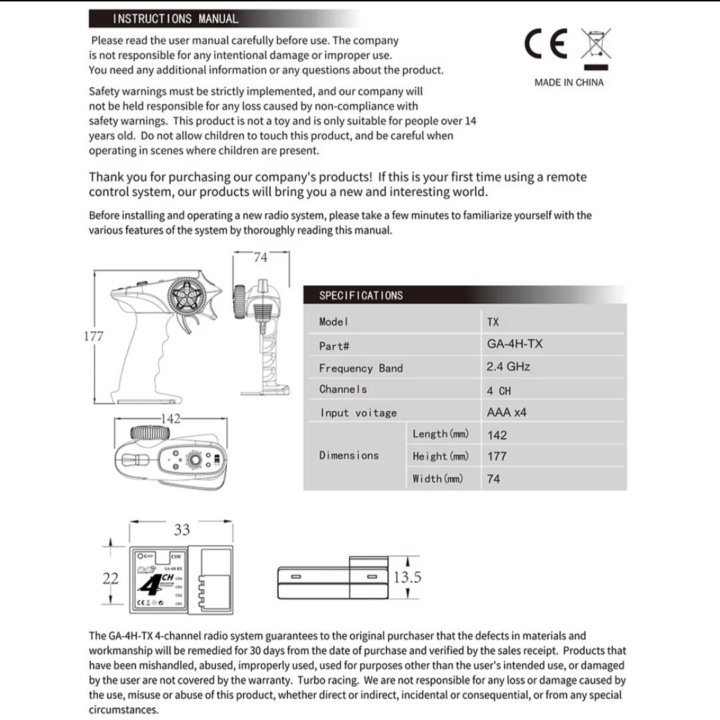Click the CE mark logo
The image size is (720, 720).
pos(546,45)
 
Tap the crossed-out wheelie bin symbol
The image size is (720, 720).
pos(595,45)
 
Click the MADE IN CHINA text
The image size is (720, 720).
pos(569,83)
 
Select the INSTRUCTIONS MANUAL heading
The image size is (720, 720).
pos(175,19)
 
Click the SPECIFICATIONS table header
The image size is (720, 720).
pos(361,295)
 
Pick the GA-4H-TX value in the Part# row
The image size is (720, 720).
pos(515,344)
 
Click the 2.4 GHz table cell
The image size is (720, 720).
pos(509,367)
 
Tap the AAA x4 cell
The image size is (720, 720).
pos(507,413)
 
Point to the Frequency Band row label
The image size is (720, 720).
pos(361,368)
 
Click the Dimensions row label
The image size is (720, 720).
pos(349,455)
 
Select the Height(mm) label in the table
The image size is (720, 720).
pos(441,457)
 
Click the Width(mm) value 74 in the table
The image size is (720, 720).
pos(493,479)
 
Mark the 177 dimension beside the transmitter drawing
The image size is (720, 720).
pos(94,336)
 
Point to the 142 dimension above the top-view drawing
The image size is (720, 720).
pos(171,419)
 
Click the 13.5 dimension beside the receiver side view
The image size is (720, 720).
pos(407,577)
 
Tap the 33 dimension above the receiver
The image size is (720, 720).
pos(182,530)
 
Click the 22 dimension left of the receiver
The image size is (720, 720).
pos(111,578)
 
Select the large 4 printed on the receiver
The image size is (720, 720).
pos(151,585)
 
